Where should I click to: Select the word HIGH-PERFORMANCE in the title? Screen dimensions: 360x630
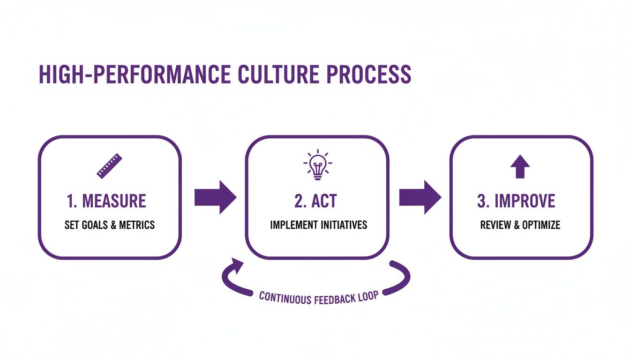(x=134, y=75)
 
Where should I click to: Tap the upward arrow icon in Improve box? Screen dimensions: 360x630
(x=519, y=166)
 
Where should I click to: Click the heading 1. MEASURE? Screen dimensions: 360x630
(x=106, y=201)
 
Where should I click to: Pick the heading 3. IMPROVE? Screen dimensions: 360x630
(x=516, y=201)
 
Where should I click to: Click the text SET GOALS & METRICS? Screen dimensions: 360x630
(x=110, y=225)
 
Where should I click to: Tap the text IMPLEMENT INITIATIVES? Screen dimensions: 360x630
(x=319, y=225)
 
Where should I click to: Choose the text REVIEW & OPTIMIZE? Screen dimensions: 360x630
(x=520, y=225)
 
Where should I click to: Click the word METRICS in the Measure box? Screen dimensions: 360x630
(x=137, y=225)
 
